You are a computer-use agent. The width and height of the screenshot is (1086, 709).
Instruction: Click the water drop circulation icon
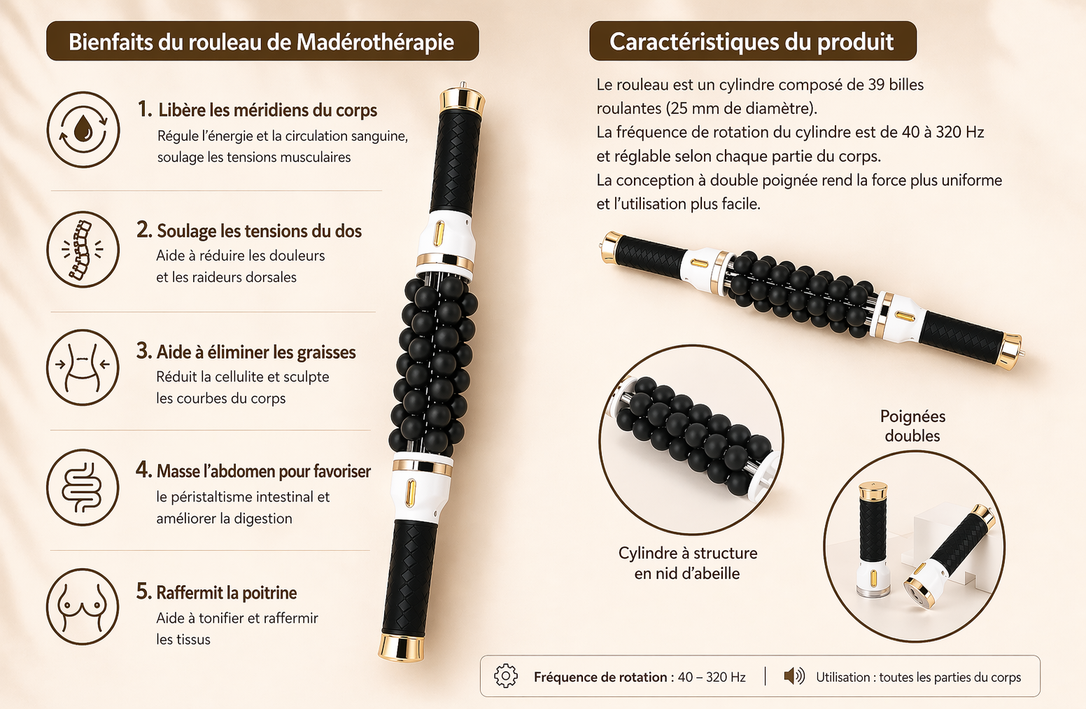tap(83, 130)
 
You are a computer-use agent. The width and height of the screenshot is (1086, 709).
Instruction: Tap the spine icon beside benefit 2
tap(83, 250)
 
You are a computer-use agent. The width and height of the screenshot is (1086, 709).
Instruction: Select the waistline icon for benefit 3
tap(83, 367)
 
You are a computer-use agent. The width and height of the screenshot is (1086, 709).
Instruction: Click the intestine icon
tap(83, 487)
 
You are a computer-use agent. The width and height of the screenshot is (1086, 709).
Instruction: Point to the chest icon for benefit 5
tap(83, 606)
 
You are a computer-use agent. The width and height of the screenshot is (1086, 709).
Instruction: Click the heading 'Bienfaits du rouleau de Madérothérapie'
tap(262, 41)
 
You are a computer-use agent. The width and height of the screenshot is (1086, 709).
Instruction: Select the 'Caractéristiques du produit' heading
tap(752, 41)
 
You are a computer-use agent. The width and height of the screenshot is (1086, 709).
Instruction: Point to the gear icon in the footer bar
tap(505, 676)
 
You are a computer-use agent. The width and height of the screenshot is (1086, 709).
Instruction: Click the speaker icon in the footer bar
tap(794, 676)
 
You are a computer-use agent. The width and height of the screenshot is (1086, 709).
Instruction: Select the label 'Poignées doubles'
tap(912, 426)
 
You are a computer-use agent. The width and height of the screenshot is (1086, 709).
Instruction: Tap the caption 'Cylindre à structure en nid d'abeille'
tap(687, 563)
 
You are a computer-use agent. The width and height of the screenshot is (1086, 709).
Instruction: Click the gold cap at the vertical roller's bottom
tap(402, 647)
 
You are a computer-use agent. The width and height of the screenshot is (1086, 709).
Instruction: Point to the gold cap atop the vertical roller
tap(462, 99)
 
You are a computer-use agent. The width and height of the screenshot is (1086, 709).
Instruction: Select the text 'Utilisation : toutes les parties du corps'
tap(918, 677)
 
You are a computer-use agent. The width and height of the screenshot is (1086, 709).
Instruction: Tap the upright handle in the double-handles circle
tap(873, 535)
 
